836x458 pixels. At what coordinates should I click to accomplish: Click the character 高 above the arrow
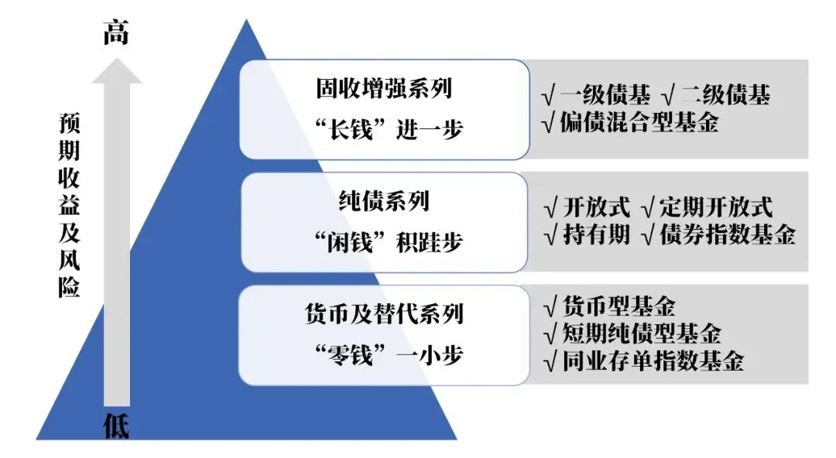116,33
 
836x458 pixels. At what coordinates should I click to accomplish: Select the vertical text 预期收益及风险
70,206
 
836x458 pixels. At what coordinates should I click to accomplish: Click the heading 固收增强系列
384,87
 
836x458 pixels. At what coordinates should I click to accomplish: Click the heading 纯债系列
384,201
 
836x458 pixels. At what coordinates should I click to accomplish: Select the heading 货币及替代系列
384,314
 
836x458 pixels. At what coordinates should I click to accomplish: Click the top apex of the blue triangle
247,22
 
